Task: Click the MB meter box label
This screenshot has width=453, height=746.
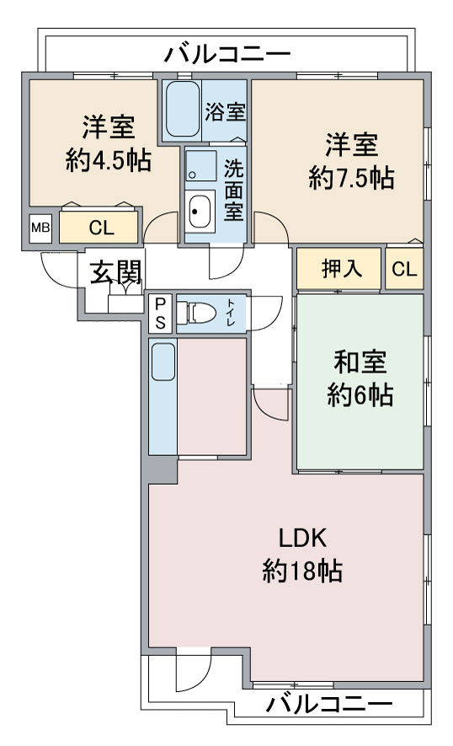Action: (40, 228)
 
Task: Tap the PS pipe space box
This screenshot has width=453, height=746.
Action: (161, 313)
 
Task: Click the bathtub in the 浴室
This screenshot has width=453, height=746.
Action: (183, 110)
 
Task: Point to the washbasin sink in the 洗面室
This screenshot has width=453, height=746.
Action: (200, 212)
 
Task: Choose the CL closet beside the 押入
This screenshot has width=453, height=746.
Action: (404, 269)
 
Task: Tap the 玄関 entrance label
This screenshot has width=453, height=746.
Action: (115, 272)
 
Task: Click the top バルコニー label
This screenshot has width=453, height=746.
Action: (226, 54)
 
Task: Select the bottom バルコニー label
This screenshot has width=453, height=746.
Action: (329, 704)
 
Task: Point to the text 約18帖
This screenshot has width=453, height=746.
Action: (302, 571)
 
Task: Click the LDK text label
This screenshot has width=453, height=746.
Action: (302, 538)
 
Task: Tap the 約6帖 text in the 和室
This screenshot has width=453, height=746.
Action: (360, 394)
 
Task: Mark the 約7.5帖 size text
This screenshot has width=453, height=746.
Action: (351, 178)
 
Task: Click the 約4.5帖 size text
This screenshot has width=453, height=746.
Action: (109, 160)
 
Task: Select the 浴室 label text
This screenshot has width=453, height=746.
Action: (226, 111)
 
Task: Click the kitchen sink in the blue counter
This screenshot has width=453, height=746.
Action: (163, 362)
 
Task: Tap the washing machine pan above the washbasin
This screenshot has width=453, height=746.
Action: (200, 166)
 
